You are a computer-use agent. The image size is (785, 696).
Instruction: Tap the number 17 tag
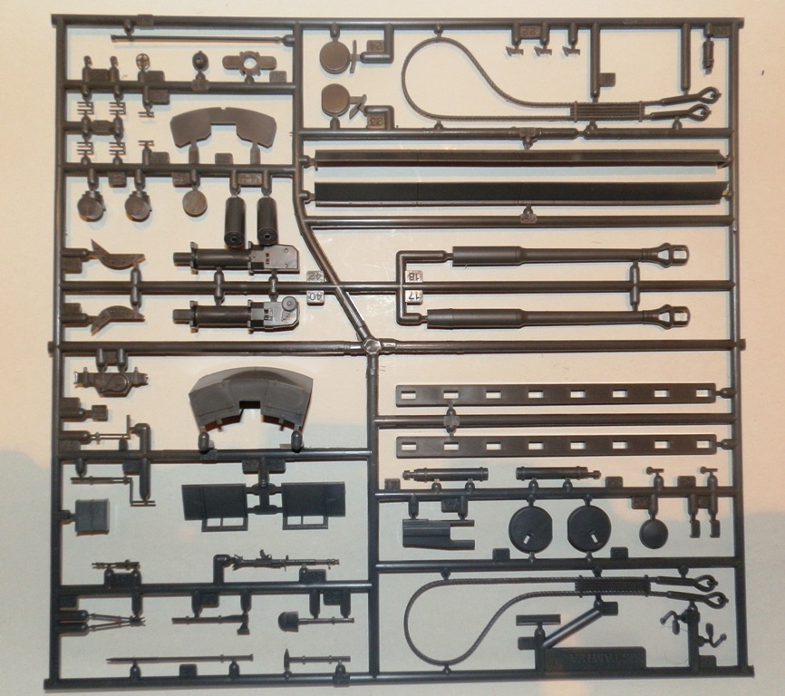[411, 296]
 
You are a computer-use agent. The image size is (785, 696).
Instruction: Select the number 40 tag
[315, 296]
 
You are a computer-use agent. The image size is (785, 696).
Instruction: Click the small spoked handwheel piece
[142, 62]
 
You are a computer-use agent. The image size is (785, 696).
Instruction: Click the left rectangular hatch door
[214, 501]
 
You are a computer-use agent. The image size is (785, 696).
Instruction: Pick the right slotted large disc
[587, 527]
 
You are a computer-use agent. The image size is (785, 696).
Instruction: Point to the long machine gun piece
[281, 564]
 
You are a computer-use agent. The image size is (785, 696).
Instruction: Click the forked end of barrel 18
[672, 255]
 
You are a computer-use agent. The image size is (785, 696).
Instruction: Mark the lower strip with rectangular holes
[555, 445]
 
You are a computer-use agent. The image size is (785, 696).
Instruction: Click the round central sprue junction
[371, 347]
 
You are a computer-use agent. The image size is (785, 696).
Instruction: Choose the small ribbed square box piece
[92, 516]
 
